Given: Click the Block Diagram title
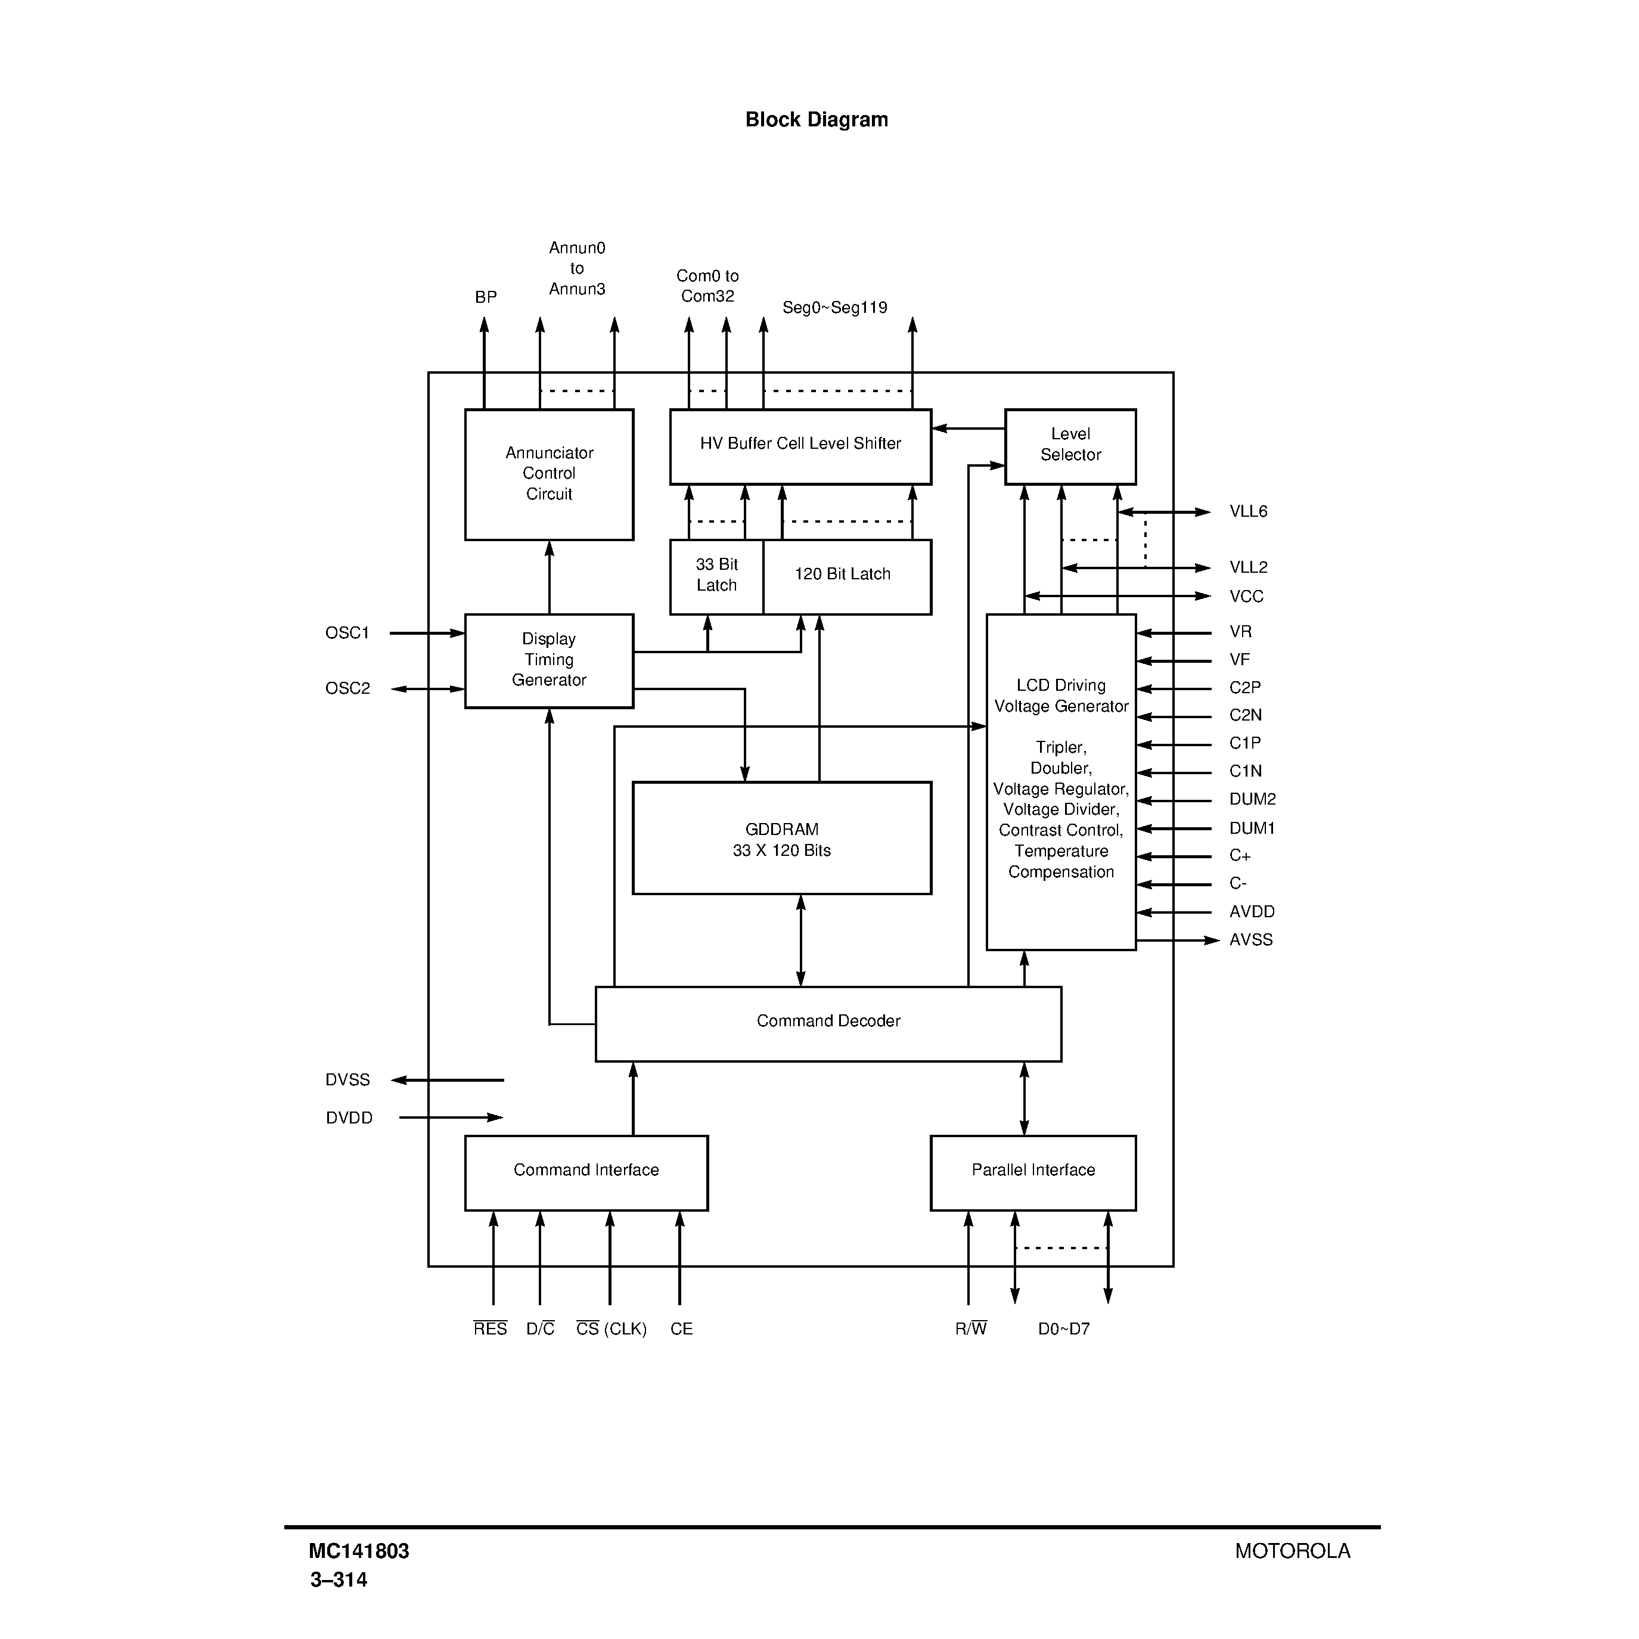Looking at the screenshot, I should point(816,120).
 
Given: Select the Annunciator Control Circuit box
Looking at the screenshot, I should point(549,474).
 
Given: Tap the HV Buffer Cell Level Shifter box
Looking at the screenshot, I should point(800,446).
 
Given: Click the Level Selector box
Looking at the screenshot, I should point(1070,446).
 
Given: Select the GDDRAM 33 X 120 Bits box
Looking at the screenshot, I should point(781,838).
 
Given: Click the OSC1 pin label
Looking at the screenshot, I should point(347,633).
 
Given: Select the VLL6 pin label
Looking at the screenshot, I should point(1248,511).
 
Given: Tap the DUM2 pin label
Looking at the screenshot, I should point(1252,799).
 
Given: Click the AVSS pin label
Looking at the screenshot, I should point(1250,940).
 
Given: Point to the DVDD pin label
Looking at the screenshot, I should point(349,1118).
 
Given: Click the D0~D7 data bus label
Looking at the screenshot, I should point(1063,1329).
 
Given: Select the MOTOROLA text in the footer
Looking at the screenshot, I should point(1291,1551).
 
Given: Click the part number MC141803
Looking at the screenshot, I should point(359,1551).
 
